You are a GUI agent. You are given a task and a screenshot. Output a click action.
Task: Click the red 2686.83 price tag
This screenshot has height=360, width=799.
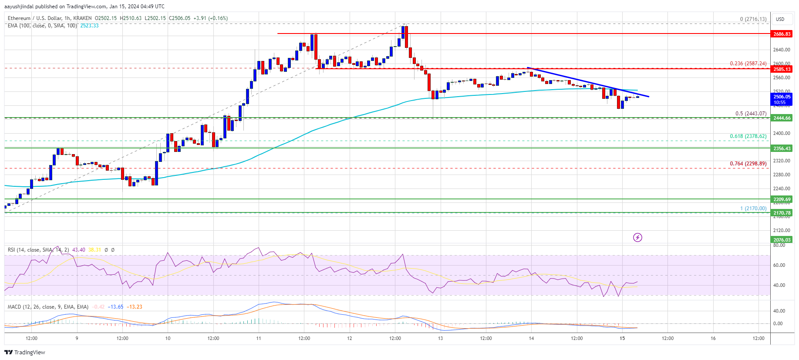click(x=782, y=34)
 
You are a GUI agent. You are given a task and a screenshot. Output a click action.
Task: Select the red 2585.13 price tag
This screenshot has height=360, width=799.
click(x=782, y=69)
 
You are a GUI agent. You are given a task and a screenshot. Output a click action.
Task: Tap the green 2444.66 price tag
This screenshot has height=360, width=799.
click(x=782, y=118)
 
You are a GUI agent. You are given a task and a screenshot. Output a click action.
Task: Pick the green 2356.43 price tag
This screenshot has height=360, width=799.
click(x=782, y=148)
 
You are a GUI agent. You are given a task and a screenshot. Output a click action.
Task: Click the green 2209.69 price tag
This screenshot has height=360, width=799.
click(x=782, y=199)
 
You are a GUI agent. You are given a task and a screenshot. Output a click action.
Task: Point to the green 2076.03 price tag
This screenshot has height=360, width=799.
click(x=782, y=240)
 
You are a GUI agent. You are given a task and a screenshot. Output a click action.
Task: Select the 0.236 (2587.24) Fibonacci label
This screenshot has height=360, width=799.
click(x=748, y=64)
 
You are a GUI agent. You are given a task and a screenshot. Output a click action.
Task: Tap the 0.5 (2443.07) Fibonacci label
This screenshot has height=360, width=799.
click(x=751, y=114)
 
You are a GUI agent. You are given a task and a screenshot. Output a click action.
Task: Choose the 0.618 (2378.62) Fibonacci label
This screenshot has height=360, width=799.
click(x=748, y=136)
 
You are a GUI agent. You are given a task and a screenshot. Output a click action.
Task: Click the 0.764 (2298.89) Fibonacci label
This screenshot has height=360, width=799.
click(x=748, y=164)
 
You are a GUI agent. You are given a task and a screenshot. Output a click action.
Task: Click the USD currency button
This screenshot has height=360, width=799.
click(x=780, y=19)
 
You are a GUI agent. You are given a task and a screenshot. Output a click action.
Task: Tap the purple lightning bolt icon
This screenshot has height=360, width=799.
click(x=637, y=237)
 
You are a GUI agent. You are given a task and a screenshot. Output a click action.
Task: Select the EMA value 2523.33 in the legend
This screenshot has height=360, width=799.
click(x=89, y=26)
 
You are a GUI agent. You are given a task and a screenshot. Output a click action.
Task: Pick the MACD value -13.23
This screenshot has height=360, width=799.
click(x=135, y=307)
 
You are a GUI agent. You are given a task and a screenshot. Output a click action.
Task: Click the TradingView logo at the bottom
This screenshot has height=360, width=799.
click(x=25, y=352)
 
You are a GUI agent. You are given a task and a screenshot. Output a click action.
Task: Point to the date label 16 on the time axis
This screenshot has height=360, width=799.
click(x=713, y=338)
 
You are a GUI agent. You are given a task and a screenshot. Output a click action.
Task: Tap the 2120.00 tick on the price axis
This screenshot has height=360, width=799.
click(x=781, y=230)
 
